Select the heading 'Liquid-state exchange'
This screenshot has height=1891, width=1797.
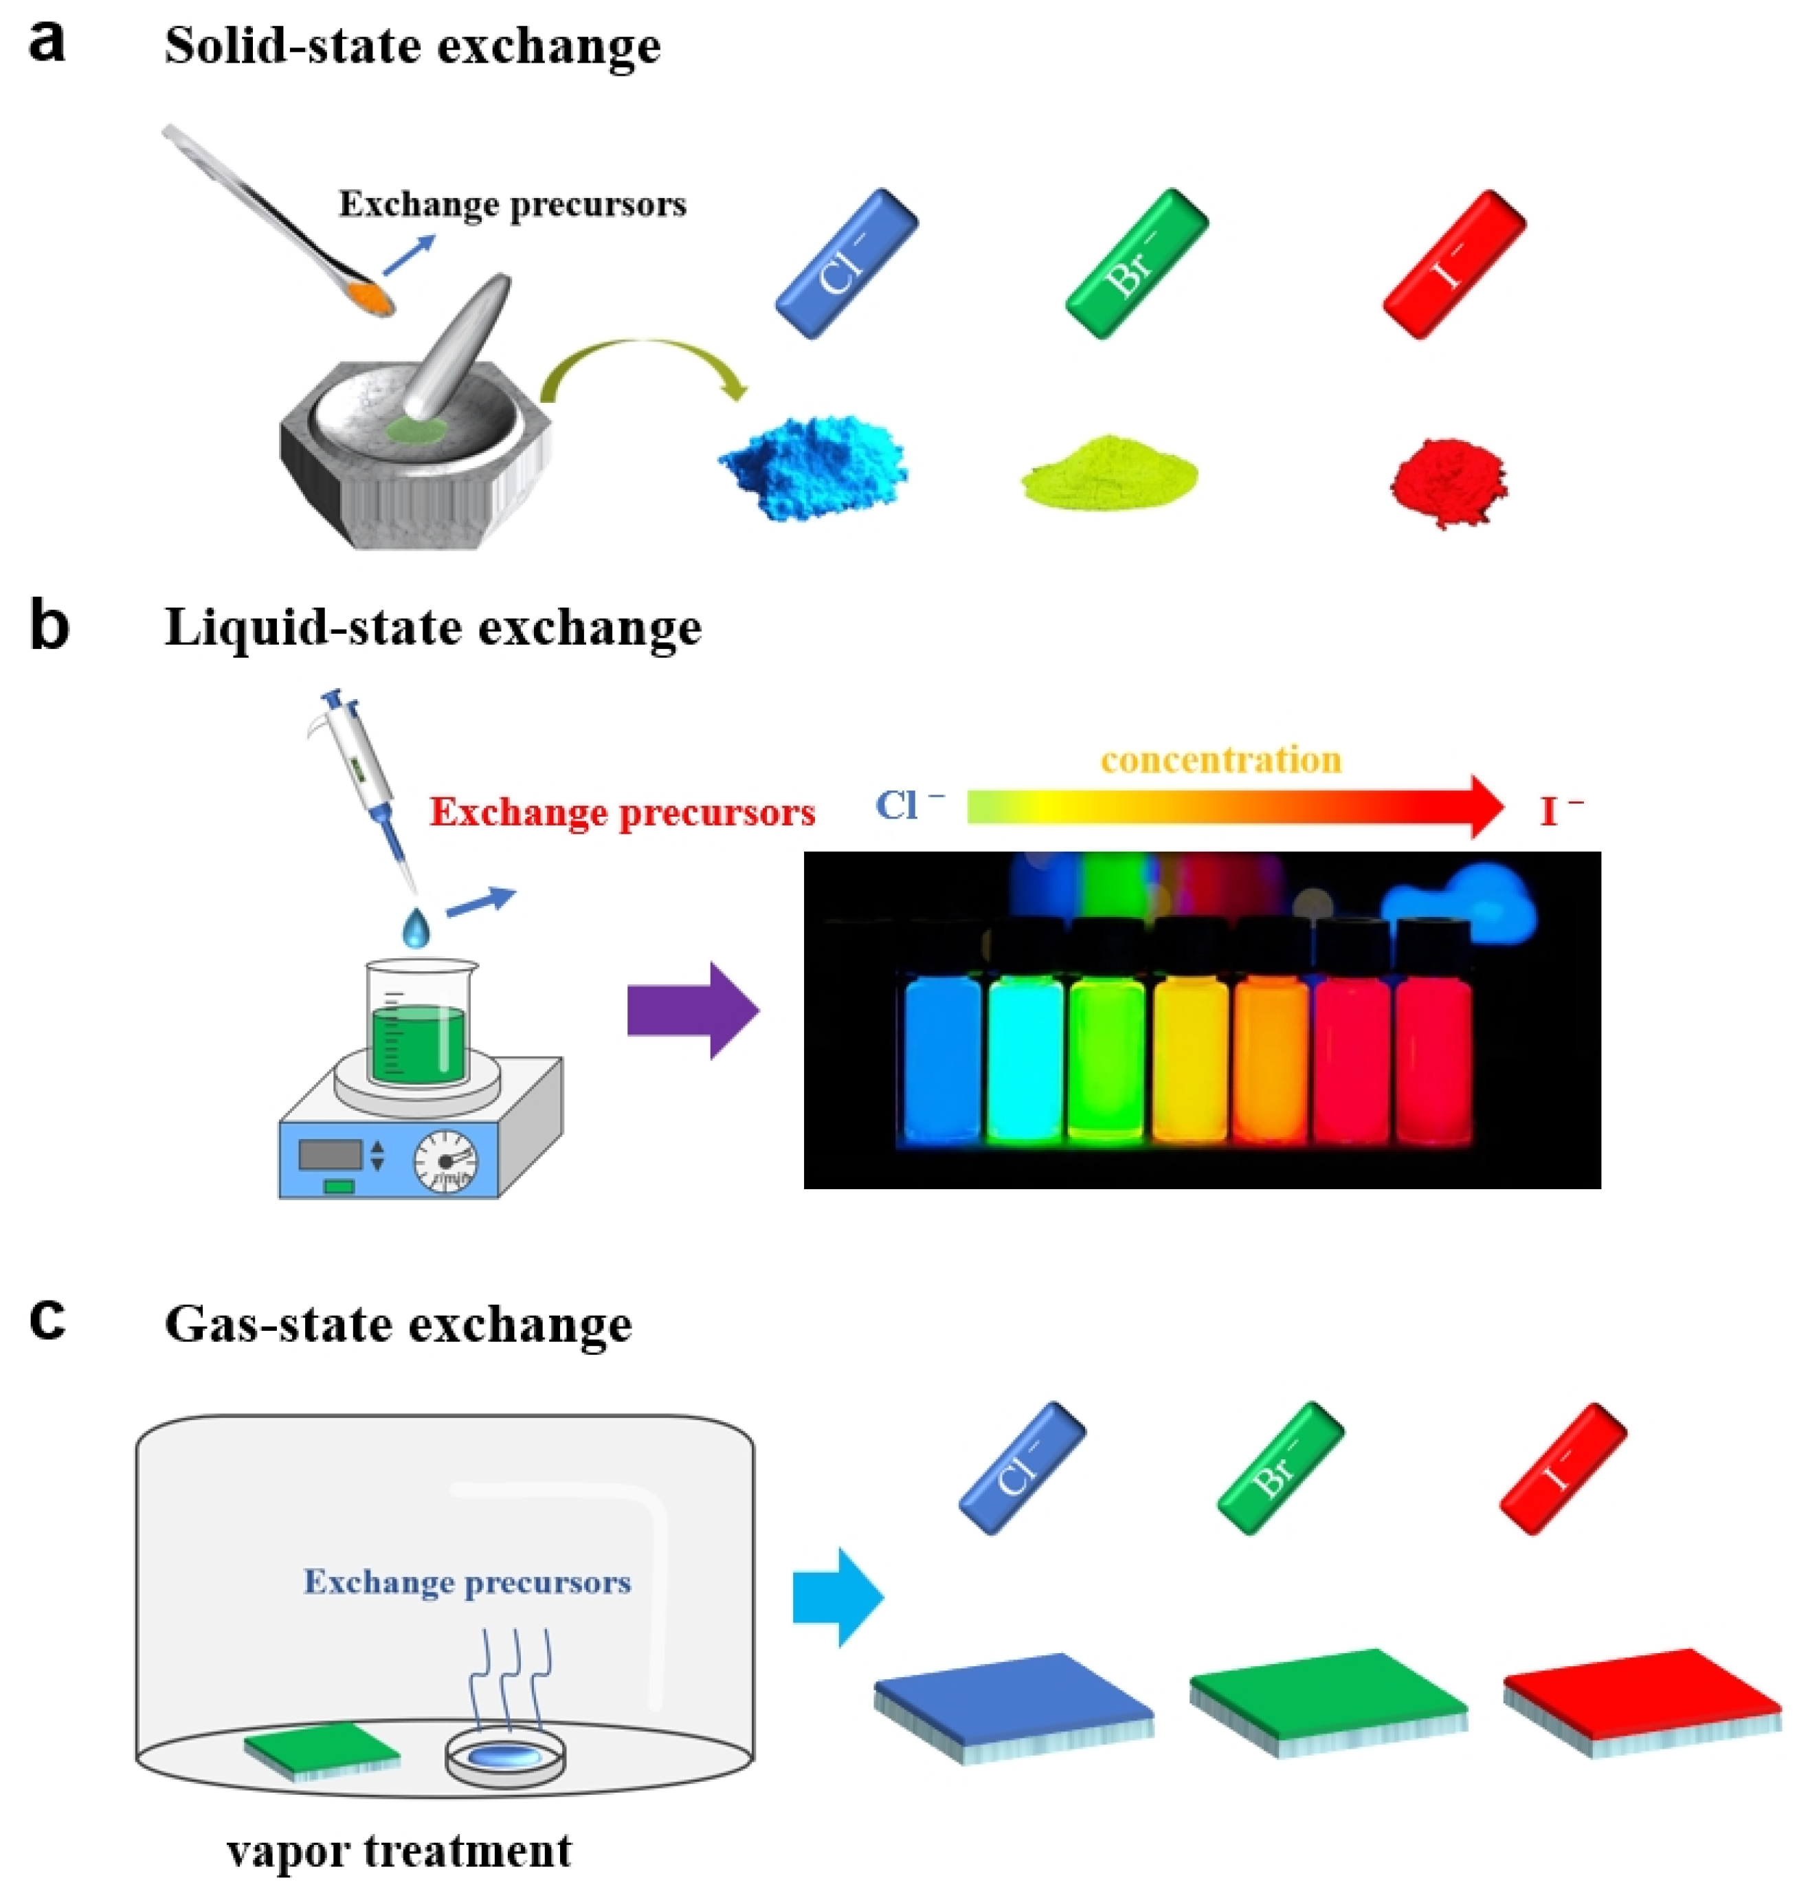(433, 628)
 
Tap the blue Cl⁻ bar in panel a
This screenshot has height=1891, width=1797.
(846, 263)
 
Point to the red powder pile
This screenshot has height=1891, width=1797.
(1447, 482)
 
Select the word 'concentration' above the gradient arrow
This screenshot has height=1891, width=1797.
(1220, 760)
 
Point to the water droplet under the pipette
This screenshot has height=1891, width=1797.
(415, 928)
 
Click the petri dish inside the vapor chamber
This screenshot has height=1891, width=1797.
(505, 1756)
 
